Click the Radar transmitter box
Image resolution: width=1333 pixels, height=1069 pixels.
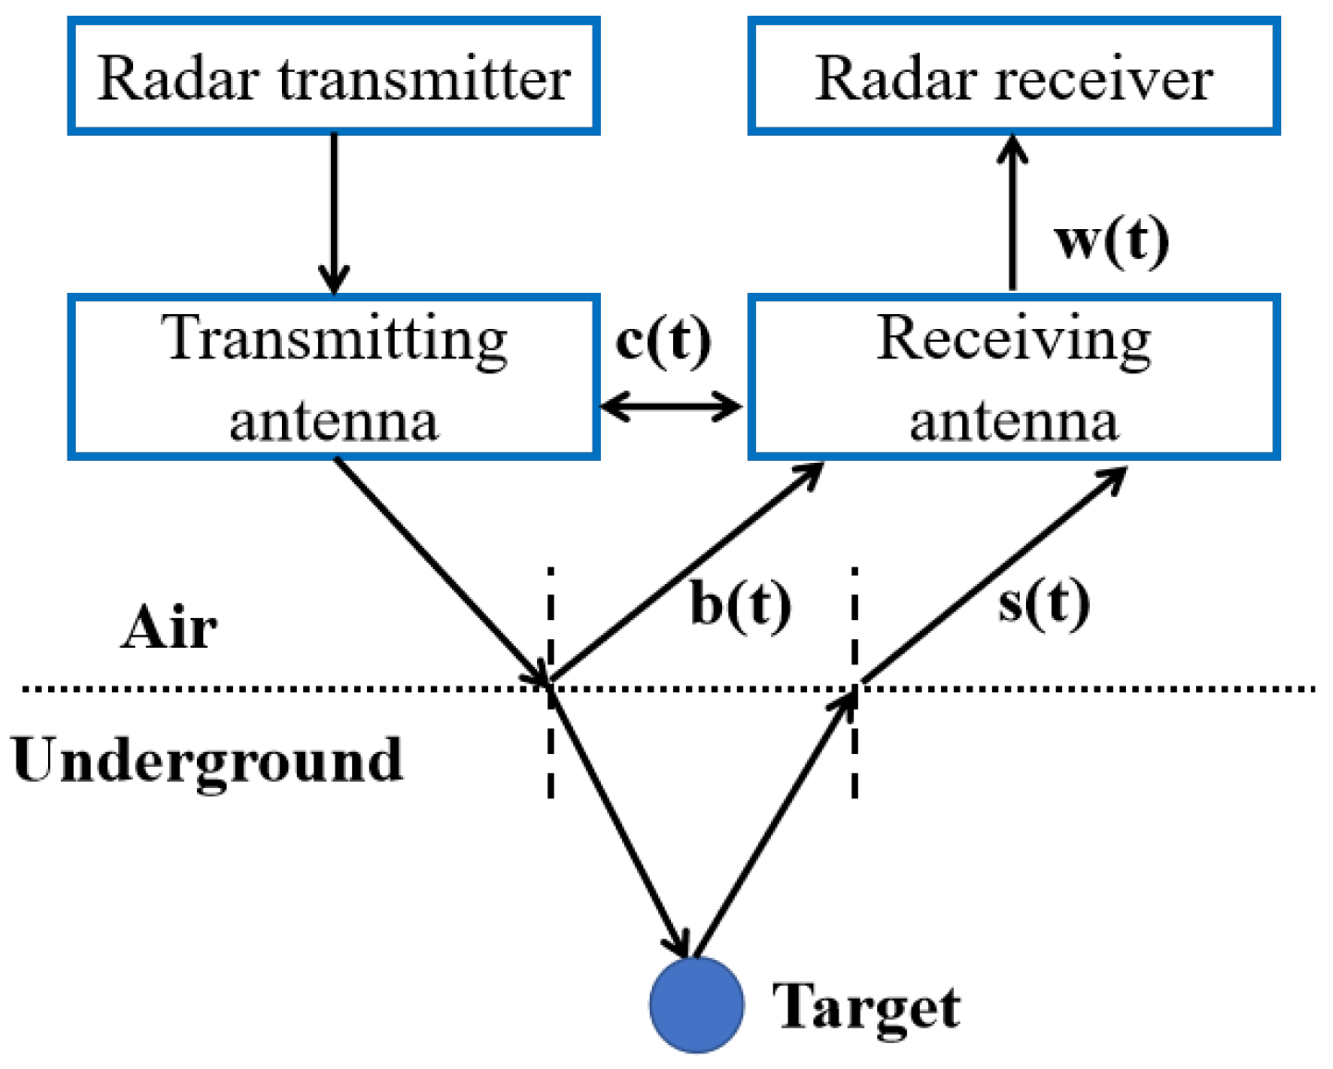pyautogui.click(x=334, y=76)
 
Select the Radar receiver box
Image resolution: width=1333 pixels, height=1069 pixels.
pyautogui.click(x=1013, y=76)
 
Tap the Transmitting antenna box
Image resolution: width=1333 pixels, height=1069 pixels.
pyautogui.click(x=334, y=377)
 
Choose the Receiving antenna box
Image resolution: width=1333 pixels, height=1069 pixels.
pyautogui.click(x=1013, y=377)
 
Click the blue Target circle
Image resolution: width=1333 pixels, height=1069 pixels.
pyautogui.click(x=696, y=1005)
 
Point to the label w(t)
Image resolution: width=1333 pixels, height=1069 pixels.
pyautogui.click(x=1111, y=239)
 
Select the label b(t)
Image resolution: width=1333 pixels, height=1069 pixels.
pyautogui.click(x=740, y=605)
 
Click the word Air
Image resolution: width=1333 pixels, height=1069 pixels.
pyautogui.click(x=169, y=628)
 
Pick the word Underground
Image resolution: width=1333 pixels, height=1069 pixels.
pyautogui.click(x=207, y=760)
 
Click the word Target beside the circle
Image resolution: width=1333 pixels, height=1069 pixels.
pyautogui.click(x=866, y=1007)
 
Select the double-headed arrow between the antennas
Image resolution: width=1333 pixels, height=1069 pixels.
pyautogui.click(x=672, y=407)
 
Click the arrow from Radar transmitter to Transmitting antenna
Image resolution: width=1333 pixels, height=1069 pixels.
pyautogui.click(x=334, y=213)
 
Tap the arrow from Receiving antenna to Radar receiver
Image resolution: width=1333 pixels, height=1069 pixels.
pyautogui.click(x=1013, y=213)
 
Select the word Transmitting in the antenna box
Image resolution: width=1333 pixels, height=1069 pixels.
pyautogui.click(x=335, y=340)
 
